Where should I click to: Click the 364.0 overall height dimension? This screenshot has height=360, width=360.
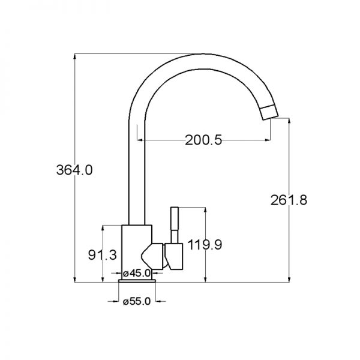(74, 170)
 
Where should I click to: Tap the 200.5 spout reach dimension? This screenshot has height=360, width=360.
(203, 140)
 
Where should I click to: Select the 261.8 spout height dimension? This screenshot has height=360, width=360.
(289, 200)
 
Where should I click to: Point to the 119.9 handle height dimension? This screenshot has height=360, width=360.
(205, 245)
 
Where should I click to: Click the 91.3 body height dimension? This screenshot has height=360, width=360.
(103, 255)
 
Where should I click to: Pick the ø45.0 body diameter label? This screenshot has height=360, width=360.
(137, 273)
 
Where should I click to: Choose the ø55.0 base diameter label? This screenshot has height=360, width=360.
(137, 301)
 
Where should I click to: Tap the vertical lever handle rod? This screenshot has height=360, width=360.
(175, 225)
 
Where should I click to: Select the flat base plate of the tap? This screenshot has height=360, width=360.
(137, 281)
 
